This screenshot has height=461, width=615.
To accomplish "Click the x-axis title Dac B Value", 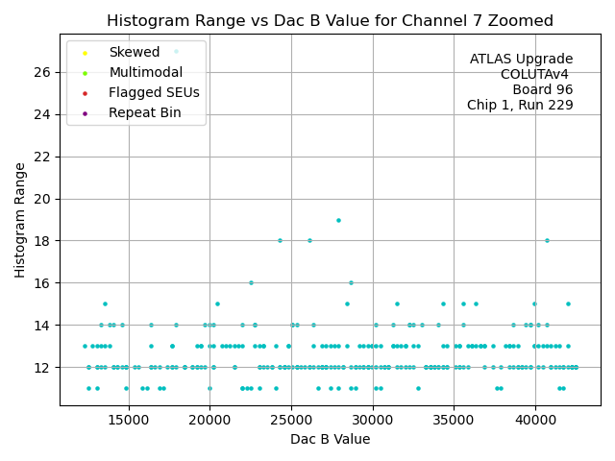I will (x=330, y=439).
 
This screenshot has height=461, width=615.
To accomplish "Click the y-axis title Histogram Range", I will (x=20, y=220).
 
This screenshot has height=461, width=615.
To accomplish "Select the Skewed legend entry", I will (x=134, y=53).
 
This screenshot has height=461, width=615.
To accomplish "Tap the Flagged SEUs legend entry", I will (x=154, y=93).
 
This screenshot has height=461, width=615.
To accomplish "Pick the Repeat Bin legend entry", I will (x=144, y=113).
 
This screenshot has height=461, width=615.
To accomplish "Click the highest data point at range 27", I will (x=176, y=51).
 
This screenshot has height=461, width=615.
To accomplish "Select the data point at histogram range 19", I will (x=338, y=220).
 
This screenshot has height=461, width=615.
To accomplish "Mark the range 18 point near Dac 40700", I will (x=547, y=240).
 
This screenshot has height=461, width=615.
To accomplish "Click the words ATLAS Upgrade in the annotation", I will (x=521, y=60).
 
